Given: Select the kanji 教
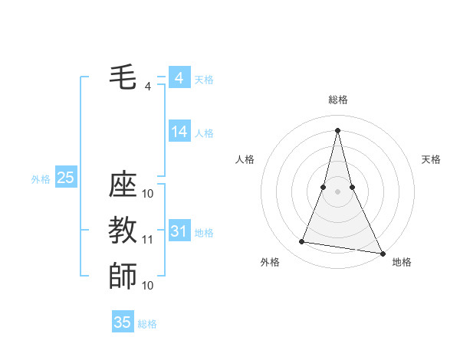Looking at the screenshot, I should pyautogui.click(x=123, y=230).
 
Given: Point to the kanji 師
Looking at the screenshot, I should pyautogui.click(x=123, y=275).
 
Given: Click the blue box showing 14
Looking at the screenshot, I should pyautogui.click(x=179, y=132).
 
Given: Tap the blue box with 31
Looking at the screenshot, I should pyautogui.click(x=179, y=231).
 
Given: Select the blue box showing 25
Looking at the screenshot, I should pyautogui.click(x=65, y=178).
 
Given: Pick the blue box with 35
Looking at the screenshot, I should pyautogui.click(x=123, y=322).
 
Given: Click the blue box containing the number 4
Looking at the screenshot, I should pyautogui.click(x=179, y=77).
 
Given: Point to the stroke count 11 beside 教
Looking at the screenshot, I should pyautogui.click(x=148, y=240).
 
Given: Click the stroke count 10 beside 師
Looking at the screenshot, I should pyautogui.click(x=148, y=285).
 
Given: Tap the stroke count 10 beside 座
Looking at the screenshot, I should pyautogui.click(x=148, y=194).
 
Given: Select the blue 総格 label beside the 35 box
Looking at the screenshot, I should pyautogui.click(x=147, y=324).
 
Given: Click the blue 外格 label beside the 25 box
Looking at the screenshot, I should pyautogui.click(x=41, y=179).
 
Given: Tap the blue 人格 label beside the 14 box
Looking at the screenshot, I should pyautogui.click(x=204, y=133).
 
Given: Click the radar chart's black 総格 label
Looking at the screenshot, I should pyautogui.click(x=337, y=100).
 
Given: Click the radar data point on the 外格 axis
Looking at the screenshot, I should pyautogui.click(x=302, y=242).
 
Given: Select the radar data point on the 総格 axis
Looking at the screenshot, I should pyautogui.click(x=337, y=130).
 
